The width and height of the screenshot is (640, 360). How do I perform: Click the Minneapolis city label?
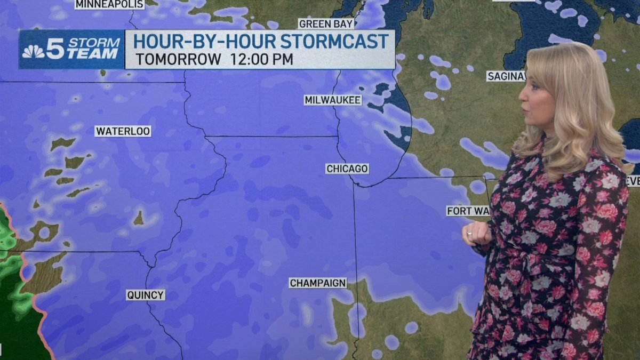[109, 4]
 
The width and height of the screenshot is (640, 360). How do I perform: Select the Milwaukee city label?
[333, 100]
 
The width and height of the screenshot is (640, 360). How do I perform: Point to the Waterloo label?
[123, 131]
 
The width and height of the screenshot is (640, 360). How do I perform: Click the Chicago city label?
[347, 169]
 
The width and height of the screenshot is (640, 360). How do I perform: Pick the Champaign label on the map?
[318, 283]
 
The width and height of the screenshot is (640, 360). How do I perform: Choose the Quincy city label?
[146, 295]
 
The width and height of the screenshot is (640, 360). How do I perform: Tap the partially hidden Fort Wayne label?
[467, 211]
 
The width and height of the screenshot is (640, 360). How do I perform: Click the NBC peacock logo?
[33, 52]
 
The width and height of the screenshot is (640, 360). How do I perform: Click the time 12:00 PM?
[262, 59]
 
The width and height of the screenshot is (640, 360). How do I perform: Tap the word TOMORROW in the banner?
[178, 59]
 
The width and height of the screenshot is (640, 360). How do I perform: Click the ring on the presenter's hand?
[469, 233]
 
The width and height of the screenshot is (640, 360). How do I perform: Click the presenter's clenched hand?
[476, 233]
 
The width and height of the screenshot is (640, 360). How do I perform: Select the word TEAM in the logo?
[96, 54]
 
